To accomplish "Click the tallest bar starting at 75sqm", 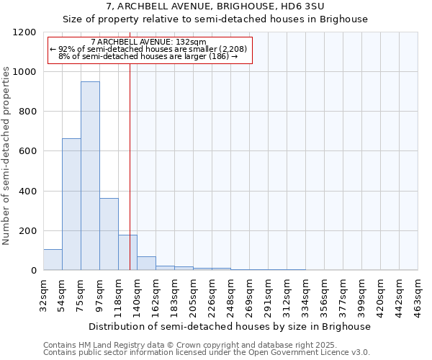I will click(x=90, y=176).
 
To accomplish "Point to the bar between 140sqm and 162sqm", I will click(x=146, y=264).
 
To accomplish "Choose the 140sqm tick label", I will click(x=138, y=294).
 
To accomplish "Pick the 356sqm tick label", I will click(x=325, y=294).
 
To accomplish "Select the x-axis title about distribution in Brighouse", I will click(x=230, y=326).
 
